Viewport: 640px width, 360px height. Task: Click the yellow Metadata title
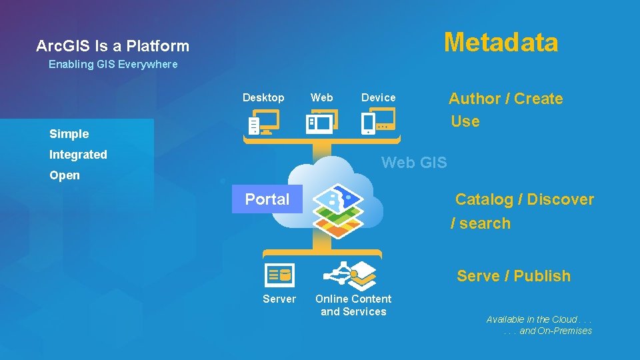[x=501, y=42]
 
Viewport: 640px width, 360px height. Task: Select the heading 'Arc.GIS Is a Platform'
[x=113, y=46]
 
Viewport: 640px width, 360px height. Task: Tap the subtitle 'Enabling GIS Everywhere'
[x=113, y=65]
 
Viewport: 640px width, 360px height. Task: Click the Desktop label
[x=263, y=97]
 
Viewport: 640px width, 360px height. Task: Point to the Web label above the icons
[x=322, y=97]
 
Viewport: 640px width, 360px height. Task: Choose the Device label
[x=378, y=97]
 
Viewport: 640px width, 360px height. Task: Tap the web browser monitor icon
[x=321, y=122]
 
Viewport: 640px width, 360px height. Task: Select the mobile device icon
[x=378, y=122]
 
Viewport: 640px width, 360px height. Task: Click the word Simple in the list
[x=69, y=134]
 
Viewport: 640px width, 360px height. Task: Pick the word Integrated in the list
[x=78, y=155]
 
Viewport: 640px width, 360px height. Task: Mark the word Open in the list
[x=64, y=175]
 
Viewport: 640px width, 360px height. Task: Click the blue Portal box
[x=267, y=199]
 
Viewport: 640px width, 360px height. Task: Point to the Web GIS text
[x=414, y=162]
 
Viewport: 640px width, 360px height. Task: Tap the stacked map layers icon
[x=338, y=211]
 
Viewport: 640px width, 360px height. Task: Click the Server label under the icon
[x=279, y=299]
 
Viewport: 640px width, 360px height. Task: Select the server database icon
[x=279, y=273]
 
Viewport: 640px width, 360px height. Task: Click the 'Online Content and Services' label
[x=353, y=305]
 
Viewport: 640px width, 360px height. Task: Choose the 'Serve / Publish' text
[x=513, y=276]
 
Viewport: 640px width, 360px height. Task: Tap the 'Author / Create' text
[x=505, y=99]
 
